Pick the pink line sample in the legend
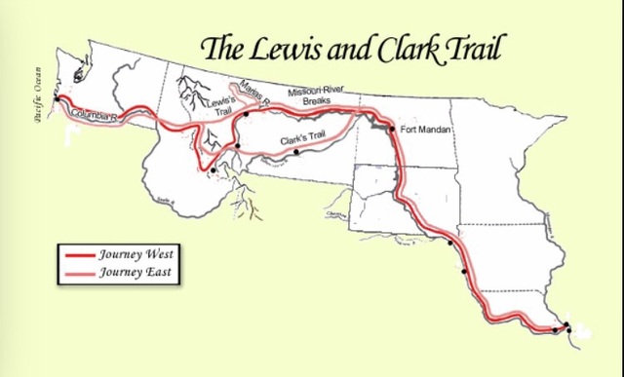point(78,273)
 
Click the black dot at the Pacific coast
point(59,99)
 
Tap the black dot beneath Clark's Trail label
point(296,152)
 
